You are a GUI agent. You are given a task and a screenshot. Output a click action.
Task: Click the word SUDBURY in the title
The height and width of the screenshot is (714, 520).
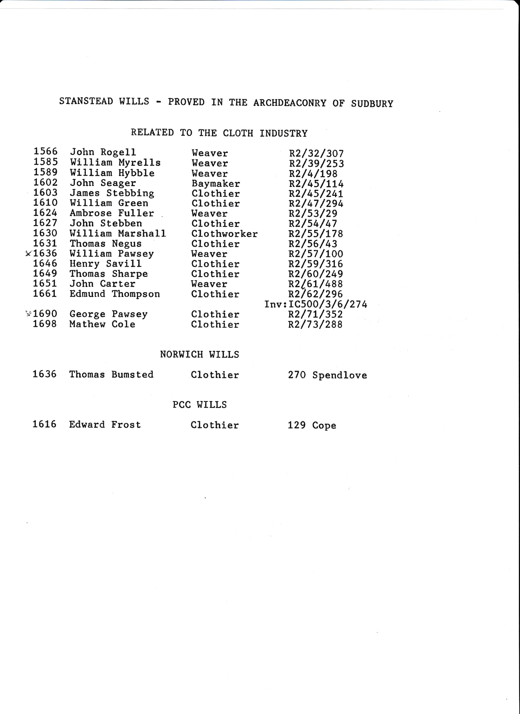[372, 104]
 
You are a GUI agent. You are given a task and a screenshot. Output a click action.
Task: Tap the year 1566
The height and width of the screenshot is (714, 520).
[45, 152]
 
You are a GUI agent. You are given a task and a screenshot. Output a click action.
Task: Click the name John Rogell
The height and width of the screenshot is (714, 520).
[103, 152]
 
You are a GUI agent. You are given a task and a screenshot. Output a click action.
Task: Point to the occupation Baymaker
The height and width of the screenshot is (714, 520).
[216, 183]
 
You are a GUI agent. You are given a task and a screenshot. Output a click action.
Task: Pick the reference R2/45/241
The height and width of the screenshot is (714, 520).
[316, 194]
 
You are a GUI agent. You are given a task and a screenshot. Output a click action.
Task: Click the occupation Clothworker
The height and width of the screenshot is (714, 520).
[224, 234]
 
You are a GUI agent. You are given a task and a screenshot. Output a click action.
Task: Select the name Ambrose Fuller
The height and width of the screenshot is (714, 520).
[112, 213]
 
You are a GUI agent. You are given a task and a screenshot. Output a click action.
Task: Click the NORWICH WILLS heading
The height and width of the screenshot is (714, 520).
[199, 355]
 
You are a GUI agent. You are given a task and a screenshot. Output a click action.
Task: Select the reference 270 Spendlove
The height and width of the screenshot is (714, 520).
[327, 375]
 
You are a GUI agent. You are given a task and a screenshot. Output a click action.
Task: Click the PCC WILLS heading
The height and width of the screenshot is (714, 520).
[199, 404]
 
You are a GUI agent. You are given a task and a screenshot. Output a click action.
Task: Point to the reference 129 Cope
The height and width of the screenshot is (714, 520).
[312, 425]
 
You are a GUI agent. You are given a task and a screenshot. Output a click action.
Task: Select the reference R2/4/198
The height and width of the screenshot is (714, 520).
[313, 174]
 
